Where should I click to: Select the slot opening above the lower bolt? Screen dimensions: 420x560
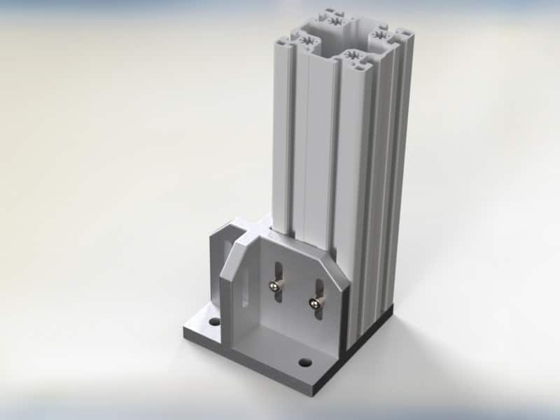[x=319, y=288]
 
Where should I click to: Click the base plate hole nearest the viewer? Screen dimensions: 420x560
[x=304, y=363]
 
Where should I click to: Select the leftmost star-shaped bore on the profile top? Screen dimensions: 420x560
[x=307, y=43]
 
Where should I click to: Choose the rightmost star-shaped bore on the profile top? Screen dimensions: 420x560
[x=380, y=34]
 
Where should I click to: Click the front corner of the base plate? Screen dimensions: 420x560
[x=312, y=393]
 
